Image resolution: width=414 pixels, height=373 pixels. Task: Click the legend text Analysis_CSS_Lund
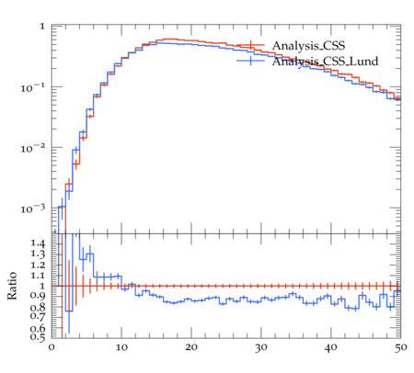pyautogui.click(x=325, y=62)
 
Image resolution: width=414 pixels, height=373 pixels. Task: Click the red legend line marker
pyautogui.click(x=250, y=45)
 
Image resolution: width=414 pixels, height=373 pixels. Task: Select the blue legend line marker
pyautogui.click(x=250, y=61)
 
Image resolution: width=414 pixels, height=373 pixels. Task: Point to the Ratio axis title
pyautogui.click(x=12, y=286)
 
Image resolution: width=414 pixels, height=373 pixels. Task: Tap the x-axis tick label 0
pyautogui.click(x=52, y=347)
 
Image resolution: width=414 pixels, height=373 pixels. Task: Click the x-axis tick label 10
pyautogui.click(x=121, y=347)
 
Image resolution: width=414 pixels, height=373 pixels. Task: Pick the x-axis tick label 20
pyautogui.click(x=191, y=347)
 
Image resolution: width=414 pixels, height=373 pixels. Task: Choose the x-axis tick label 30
pyautogui.click(x=261, y=347)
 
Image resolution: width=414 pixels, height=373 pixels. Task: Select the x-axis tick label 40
pyautogui.click(x=331, y=347)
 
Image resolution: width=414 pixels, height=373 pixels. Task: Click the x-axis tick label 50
pyautogui.click(x=400, y=347)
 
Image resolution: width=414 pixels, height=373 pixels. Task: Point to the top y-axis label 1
pyautogui.click(x=42, y=27)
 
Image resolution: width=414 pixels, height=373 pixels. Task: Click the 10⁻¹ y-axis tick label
pyautogui.click(x=33, y=88)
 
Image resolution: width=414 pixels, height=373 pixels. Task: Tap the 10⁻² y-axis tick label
pyautogui.click(x=33, y=149)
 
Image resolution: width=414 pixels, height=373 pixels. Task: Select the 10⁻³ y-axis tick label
pyautogui.click(x=33, y=209)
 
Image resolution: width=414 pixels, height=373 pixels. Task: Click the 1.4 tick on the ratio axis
pyautogui.click(x=38, y=243)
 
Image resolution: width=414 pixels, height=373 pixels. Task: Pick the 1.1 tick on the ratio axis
pyautogui.click(x=38, y=276)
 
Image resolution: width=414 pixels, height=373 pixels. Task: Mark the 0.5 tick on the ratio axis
pyautogui.click(x=38, y=337)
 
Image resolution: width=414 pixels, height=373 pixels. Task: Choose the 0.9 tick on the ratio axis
pyautogui.click(x=38, y=296)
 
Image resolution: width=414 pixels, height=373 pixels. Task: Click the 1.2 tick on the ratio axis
pyautogui.click(x=38, y=265)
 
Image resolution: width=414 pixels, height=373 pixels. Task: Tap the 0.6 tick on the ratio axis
pyautogui.click(x=38, y=328)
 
